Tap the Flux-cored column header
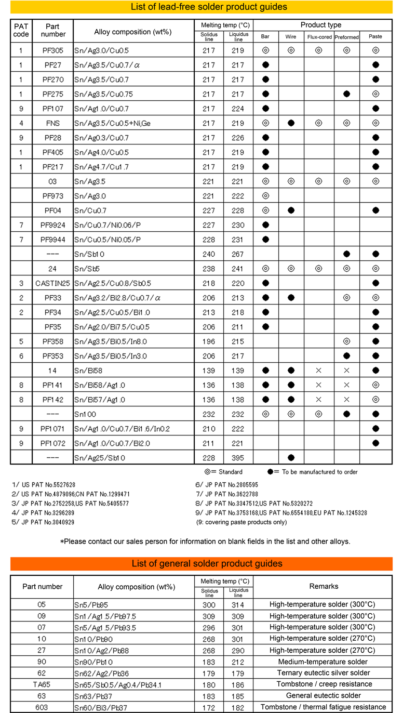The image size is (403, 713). coord(318,37)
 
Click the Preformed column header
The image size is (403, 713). coord(346,37)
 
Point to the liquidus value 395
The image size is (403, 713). coord(238,458)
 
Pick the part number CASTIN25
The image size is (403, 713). coord(52,284)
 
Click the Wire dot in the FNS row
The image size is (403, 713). coord(291,123)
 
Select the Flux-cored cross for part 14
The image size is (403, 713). coord(318,371)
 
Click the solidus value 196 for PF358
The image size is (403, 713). coord(209,342)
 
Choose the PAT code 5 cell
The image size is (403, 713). coord(21,342)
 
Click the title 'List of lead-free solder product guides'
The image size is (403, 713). coord(201,7)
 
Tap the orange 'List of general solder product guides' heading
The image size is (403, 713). coord(201,564)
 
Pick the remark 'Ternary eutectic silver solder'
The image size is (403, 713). coord(324,672)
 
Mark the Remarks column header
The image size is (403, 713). coord(324,586)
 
